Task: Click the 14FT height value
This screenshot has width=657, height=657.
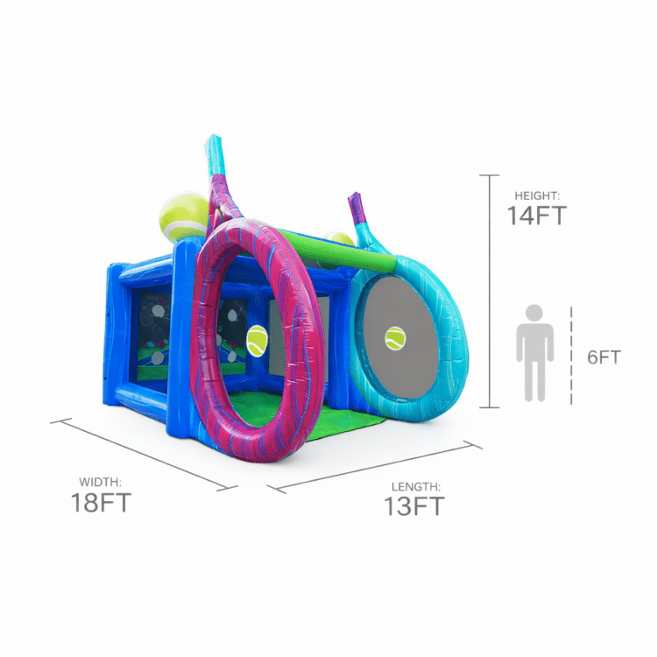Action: coord(537,215)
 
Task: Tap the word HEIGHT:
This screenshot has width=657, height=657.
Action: coord(537,195)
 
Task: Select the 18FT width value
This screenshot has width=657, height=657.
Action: coord(101,503)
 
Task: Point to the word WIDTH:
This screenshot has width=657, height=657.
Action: coord(100,483)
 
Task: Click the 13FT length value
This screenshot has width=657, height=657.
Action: coord(414,506)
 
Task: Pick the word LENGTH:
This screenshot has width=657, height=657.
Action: coord(415,487)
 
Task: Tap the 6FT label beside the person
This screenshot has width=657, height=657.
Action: coord(604,357)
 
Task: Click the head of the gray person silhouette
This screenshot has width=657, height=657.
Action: coord(534,313)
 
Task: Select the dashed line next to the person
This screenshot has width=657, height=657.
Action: coord(571,356)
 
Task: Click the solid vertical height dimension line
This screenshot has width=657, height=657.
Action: coord(490,291)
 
